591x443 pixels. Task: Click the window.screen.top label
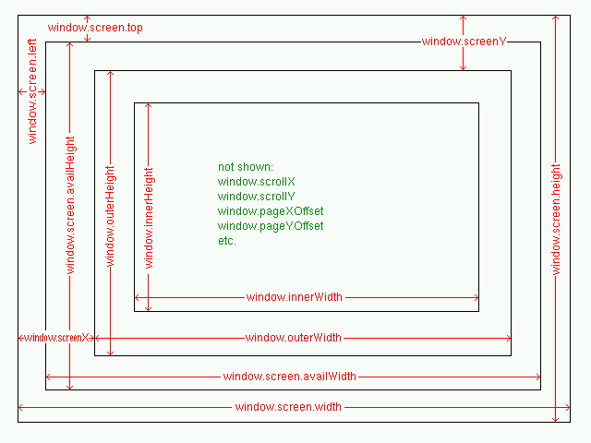pyautogui.click(x=95, y=28)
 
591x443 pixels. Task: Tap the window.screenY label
pyautogui.click(x=466, y=42)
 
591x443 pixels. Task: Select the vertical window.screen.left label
pyautogui.click(x=32, y=98)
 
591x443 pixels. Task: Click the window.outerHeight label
pyautogui.click(x=110, y=217)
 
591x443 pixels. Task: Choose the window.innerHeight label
pyautogui.click(x=149, y=218)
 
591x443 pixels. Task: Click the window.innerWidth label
pyautogui.click(x=294, y=297)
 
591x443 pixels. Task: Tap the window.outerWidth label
pyautogui.click(x=293, y=338)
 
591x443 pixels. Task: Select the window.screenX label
pyautogui.click(x=55, y=338)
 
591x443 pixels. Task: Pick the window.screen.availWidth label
pyautogui.click(x=289, y=377)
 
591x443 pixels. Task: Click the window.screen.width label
pyautogui.click(x=288, y=407)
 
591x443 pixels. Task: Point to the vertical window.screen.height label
pyautogui.click(x=556, y=219)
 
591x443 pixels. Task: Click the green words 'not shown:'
pyautogui.click(x=245, y=167)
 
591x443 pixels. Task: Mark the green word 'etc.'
pyautogui.click(x=227, y=241)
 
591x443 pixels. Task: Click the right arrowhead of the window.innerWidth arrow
pyautogui.click(x=476, y=297)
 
